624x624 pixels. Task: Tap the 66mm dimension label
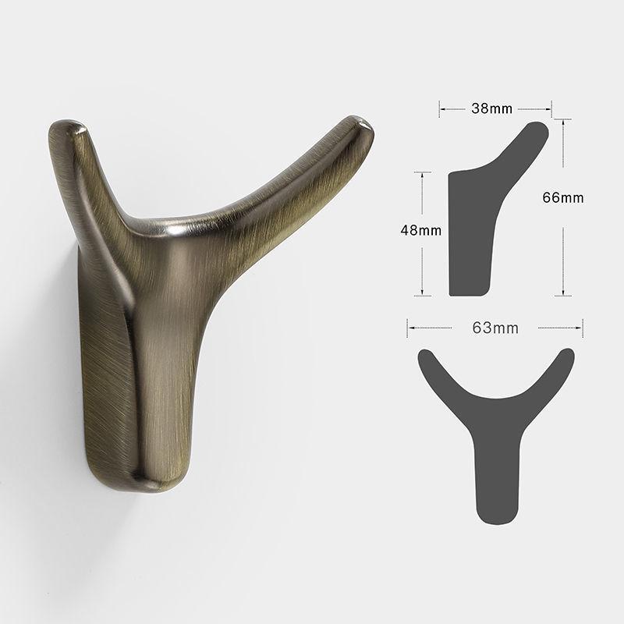click(x=563, y=197)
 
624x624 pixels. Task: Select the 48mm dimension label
click(x=421, y=230)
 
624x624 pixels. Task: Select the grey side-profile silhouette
click(x=480, y=226)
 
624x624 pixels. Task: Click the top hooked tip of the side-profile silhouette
click(x=538, y=129)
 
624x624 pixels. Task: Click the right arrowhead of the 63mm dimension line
click(x=581, y=328)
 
